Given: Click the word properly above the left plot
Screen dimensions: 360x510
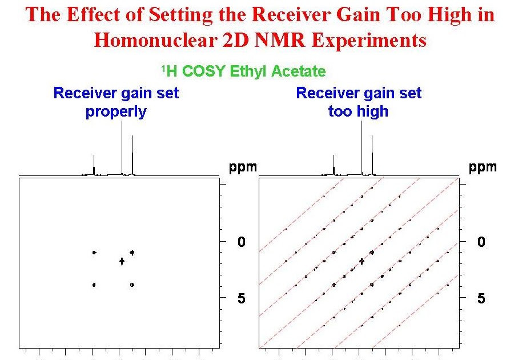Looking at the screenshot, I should (x=116, y=111).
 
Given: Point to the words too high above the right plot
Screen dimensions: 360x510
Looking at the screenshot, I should (x=358, y=111).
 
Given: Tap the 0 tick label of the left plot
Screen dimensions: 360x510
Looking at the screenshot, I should (x=242, y=242).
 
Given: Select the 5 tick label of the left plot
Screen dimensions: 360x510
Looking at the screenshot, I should (x=242, y=299).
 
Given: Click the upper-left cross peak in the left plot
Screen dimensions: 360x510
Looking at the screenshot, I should (x=94, y=252).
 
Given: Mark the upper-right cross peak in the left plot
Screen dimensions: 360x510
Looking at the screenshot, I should (x=132, y=252).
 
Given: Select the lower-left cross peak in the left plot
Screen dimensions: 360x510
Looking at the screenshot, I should (x=94, y=285).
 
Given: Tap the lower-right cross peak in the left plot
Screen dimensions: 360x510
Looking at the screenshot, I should (x=132, y=285).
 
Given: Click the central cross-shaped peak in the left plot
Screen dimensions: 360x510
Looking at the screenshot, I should (x=122, y=261).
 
